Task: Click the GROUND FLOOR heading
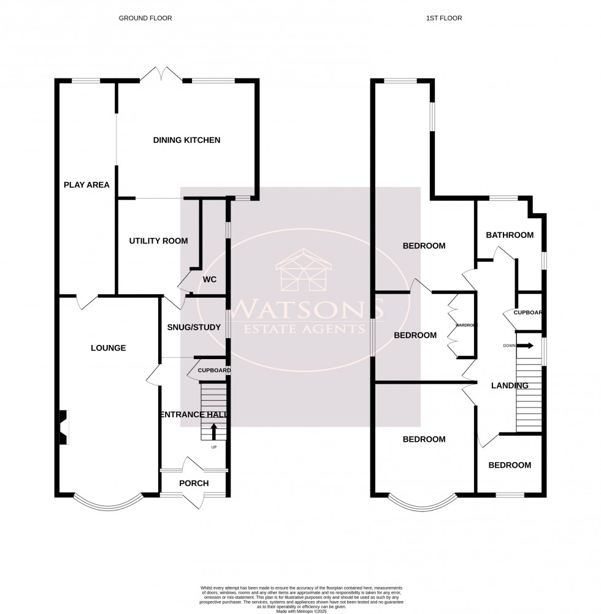[145, 18]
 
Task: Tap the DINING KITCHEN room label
[186, 140]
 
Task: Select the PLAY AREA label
[86, 184]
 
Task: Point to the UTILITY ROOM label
[158, 241]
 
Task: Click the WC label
[210, 279]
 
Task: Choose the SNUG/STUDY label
[194, 327]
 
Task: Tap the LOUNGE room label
[108, 348]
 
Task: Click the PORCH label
[194, 483]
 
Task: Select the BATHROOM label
[510, 235]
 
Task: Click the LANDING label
[510, 385]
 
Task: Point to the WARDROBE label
[465, 325]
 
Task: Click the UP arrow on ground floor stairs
[213, 433]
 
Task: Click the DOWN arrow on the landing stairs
[525, 346]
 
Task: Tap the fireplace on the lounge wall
[63, 427]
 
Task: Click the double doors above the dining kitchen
[161, 75]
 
